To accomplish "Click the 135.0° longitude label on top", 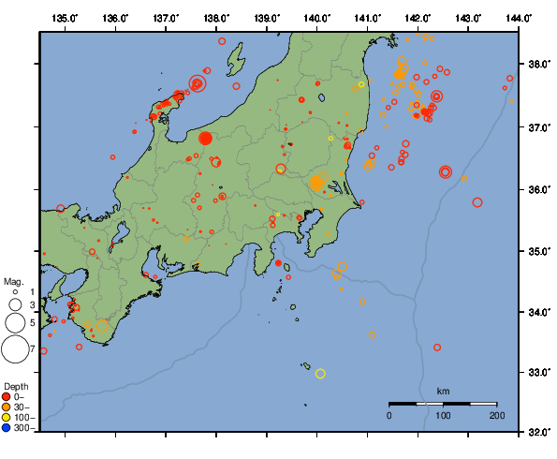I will (65, 18).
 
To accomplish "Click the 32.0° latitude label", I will (538, 433).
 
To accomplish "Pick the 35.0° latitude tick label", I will (538, 251).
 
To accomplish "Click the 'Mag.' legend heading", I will (13, 281).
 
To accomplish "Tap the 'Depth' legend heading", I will (16, 386).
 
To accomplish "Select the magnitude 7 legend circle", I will (14, 349).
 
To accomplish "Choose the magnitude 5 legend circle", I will (14, 323).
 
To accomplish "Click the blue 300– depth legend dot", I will (8, 428).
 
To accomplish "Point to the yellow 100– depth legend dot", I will (8, 417).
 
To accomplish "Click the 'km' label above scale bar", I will (443, 391).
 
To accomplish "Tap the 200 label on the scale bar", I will (496, 415).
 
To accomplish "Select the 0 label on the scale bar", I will (389, 415).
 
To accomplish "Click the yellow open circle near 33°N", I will (320, 374).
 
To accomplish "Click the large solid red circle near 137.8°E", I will (206, 139).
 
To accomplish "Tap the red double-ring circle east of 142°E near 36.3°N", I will (446, 171).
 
